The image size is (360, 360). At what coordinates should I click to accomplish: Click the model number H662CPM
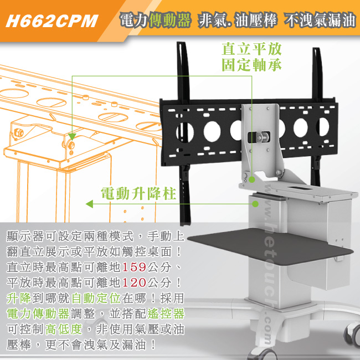tap(52, 21)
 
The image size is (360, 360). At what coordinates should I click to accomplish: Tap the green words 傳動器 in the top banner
tap(170, 20)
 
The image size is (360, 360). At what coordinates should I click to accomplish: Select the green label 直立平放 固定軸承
tap(251, 57)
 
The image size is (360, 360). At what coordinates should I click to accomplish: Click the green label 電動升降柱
tap(138, 193)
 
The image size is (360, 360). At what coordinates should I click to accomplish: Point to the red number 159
tap(135, 267)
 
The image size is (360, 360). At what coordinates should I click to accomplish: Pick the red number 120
tap(135, 282)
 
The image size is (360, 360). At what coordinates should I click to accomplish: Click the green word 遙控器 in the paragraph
tap(166, 313)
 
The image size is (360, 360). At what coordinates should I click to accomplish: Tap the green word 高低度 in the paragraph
tap(64, 329)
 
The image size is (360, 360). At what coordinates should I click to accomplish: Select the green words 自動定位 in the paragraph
tap(96, 298)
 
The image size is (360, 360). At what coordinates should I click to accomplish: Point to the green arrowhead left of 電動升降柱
tap(89, 204)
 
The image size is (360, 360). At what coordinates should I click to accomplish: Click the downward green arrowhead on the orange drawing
tap(72, 137)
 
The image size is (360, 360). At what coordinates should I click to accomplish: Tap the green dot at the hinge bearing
tap(252, 179)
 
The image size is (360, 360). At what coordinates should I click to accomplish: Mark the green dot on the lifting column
tap(255, 204)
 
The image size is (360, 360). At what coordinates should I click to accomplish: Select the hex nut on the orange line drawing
tap(18, 133)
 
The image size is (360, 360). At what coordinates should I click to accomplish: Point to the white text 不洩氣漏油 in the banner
tap(320, 20)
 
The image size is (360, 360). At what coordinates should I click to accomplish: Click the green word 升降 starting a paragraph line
tap(19, 298)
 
